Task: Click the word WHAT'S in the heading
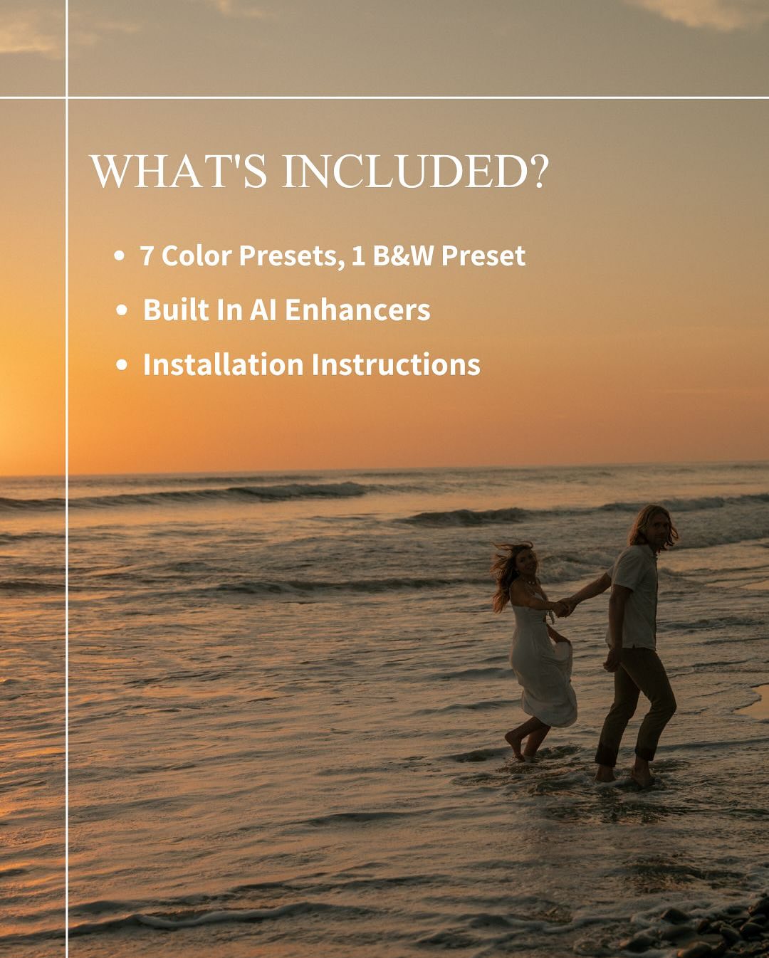179,172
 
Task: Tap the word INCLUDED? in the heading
416,172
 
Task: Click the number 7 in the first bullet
147,256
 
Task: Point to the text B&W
403,256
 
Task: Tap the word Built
174,310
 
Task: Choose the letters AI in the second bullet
263,310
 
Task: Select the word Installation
224,365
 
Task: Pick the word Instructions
396,365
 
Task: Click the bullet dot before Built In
122,310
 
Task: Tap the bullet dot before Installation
122,365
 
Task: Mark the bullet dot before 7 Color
119,256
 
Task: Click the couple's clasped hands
564,607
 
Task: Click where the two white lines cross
67,97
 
